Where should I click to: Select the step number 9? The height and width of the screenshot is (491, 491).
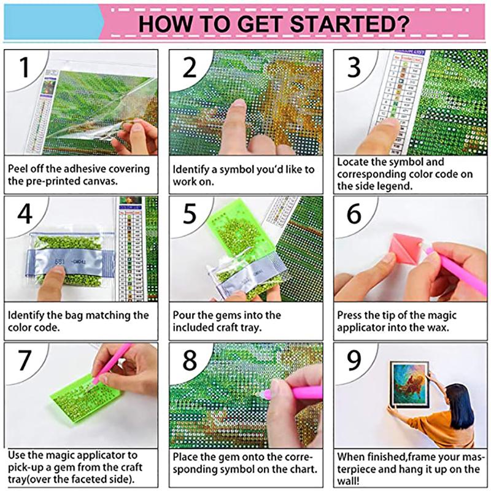(x=354, y=361)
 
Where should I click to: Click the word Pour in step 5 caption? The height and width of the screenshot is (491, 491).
(x=183, y=315)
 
